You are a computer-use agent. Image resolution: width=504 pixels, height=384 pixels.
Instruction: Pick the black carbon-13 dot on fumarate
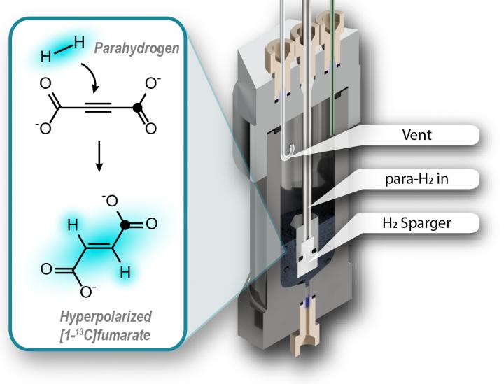(x=125, y=225)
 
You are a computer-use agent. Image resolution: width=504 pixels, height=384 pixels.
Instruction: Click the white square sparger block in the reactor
(x=306, y=255)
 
